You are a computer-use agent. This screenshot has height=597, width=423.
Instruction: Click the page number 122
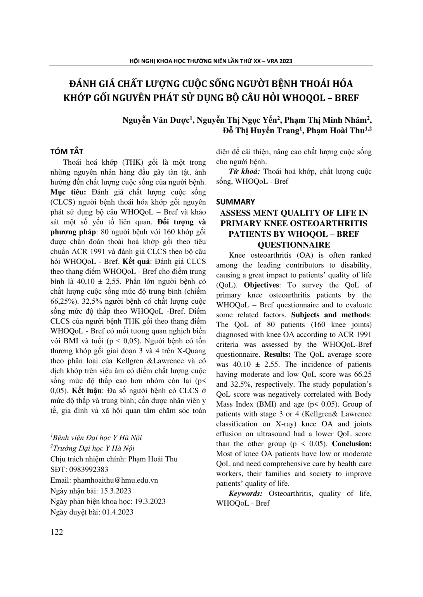click(x=57, y=532)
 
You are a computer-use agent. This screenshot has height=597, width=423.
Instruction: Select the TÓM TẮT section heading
click(x=67, y=151)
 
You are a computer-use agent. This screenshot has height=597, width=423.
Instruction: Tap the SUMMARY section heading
click(x=236, y=202)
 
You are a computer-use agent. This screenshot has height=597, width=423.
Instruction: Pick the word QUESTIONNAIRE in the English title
click(x=294, y=245)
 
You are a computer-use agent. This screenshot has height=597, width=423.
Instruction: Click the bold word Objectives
click(x=262, y=285)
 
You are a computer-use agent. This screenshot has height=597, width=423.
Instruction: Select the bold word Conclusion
click(x=352, y=444)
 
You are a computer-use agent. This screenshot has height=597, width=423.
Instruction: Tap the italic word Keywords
click(x=246, y=494)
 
